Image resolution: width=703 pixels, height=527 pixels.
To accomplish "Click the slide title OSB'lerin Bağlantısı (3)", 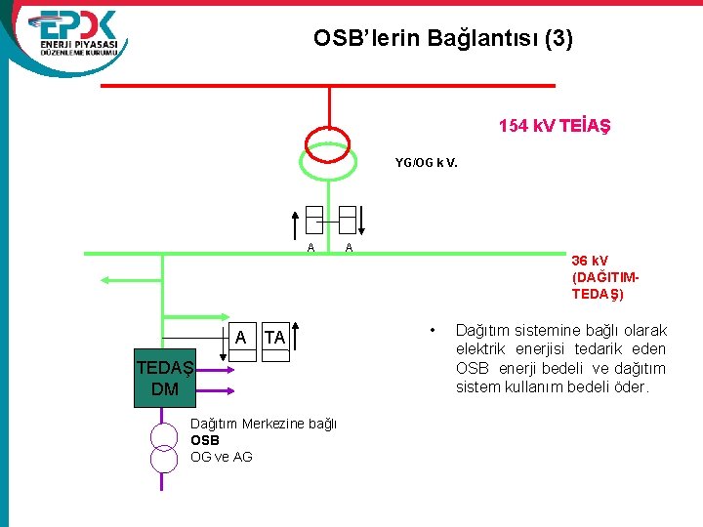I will [443, 39].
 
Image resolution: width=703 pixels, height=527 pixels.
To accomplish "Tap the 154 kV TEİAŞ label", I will [556, 126].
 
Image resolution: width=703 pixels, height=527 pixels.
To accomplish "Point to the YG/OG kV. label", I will [426, 162].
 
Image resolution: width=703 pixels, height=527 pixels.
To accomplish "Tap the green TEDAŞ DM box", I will [165, 379].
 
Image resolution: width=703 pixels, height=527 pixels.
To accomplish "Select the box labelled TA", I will [275, 338].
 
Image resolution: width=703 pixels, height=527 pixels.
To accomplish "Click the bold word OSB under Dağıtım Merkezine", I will [205, 439].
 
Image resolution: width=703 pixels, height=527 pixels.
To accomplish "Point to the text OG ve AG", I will [221, 456].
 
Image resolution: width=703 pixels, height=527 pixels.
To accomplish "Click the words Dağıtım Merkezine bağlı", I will [263, 423].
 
